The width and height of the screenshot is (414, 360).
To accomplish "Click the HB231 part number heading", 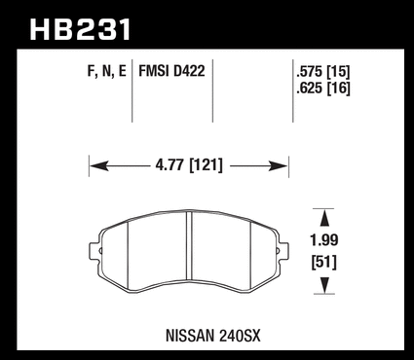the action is pos(80,29).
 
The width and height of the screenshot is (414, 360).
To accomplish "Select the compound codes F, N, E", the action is pos(106,71).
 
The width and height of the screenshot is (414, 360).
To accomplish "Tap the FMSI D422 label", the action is pos(171,71).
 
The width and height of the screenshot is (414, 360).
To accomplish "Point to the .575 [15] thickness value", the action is pos(323,72).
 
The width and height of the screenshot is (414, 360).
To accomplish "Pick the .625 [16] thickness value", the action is pos(323,89).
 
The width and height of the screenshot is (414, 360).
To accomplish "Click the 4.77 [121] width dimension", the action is pos(189,165).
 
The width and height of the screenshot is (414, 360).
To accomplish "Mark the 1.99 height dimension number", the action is pos(324,240).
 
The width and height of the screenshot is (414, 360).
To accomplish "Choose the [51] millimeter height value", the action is pos(324,262).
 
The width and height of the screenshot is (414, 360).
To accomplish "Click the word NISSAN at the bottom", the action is pos(190,336).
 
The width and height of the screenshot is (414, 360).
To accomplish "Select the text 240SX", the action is pos(240,336).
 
